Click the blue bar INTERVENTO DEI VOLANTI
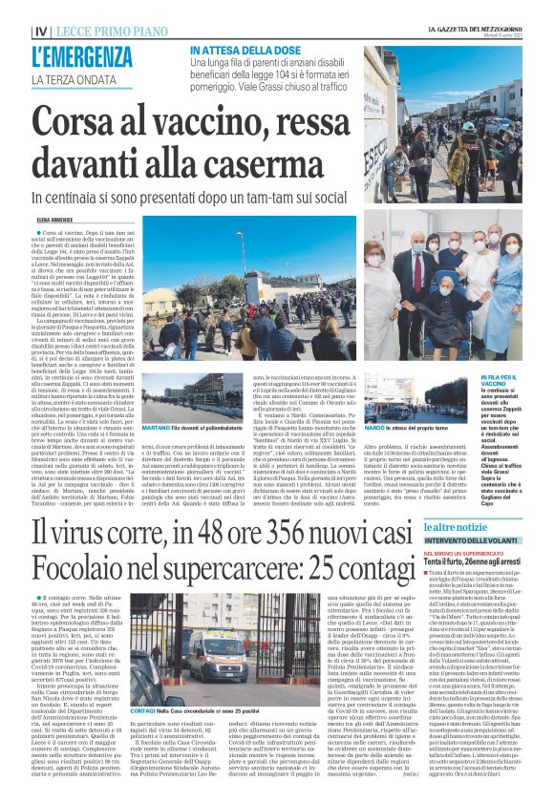[477, 539]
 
